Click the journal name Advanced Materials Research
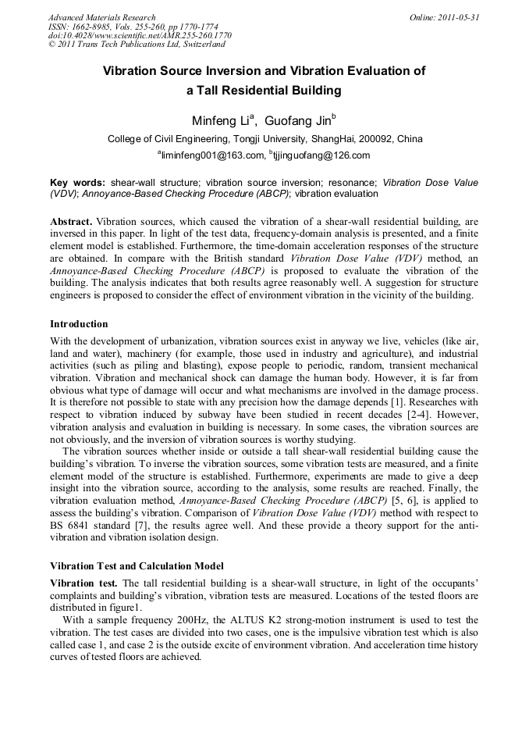pyautogui.click(x=101, y=17)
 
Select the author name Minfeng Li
pyautogui.click(x=221, y=121)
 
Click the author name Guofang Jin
pyautogui.click(x=296, y=121)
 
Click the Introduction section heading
pyautogui.click(x=79, y=323)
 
